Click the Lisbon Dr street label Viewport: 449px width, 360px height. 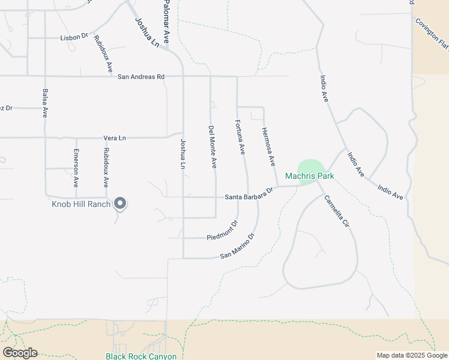pos(74,37)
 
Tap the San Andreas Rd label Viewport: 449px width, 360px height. pos(140,77)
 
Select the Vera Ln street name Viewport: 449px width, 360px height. pos(115,138)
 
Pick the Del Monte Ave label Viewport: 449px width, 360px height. pos(212,146)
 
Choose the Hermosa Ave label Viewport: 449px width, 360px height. pos(268,146)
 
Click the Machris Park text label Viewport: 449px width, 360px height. pos(309,176)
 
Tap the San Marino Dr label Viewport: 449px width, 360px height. pos(238,246)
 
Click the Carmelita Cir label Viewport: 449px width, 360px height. pos(336,211)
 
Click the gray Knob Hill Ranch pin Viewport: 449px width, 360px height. pos(120,204)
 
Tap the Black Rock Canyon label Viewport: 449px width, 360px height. pos(141,356)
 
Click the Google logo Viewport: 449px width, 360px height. pos(20,353)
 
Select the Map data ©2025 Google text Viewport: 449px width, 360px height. pos(411,355)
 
